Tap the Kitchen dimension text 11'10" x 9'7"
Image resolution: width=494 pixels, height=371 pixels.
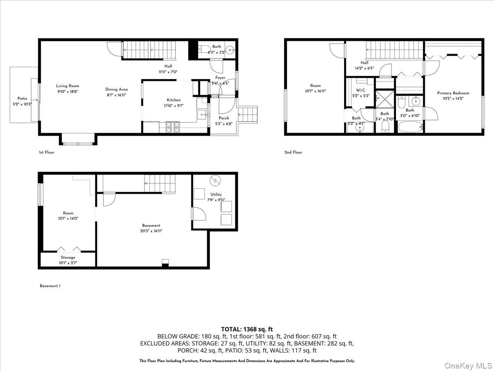[x=174, y=106]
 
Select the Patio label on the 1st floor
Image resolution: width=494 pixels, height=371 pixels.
[x=22, y=99]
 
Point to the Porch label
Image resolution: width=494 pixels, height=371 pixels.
[x=224, y=118]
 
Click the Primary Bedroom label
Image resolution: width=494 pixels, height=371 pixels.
[x=453, y=93]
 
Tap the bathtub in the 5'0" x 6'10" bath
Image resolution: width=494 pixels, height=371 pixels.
[x=410, y=127]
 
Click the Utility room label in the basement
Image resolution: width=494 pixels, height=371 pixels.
[x=216, y=194]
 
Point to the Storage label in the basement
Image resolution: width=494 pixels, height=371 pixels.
[x=68, y=257]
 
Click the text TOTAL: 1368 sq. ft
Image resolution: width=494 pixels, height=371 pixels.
[x=247, y=329]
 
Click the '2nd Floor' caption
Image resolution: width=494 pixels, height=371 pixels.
[x=293, y=153]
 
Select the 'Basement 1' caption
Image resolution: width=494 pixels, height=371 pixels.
[x=50, y=286]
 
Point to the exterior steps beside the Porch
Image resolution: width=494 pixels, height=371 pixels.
[x=249, y=114]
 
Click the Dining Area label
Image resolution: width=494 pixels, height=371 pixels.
[x=117, y=89]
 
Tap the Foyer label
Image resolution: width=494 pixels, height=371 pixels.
[x=221, y=78]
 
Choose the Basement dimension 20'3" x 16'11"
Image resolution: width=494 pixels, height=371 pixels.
[x=151, y=231]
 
